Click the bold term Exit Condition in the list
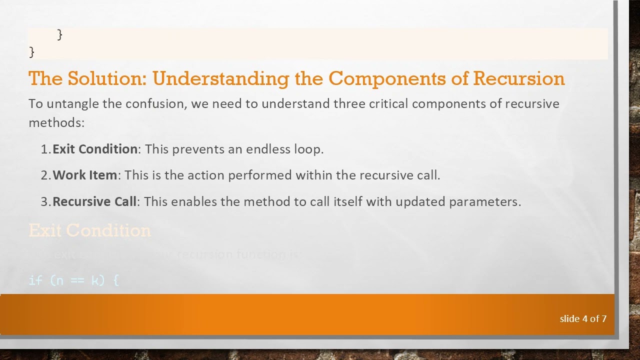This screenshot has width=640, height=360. tap(94, 149)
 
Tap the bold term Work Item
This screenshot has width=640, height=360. tap(84, 175)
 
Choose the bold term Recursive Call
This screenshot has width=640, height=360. tap(94, 201)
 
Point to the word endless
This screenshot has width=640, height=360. tap(268, 149)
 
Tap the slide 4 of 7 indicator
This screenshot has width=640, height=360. tap(583, 318)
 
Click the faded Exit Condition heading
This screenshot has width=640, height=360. tap(89, 230)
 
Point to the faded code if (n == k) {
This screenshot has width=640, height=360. tap(73, 280)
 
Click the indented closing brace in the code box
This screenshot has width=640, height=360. tap(60, 34)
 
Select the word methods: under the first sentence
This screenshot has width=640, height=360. tap(56, 122)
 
